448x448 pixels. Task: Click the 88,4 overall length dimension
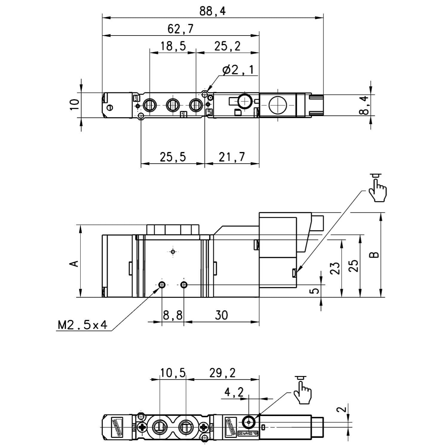pyautogui.click(x=212, y=11)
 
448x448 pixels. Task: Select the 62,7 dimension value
pyautogui.click(x=180, y=29)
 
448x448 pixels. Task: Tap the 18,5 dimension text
pyautogui.click(x=173, y=47)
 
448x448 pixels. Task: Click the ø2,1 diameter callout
pyautogui.click(x=238, y=70)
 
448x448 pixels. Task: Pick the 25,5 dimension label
pyautogui.click(x=173, y=157)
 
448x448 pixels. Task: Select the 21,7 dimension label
pyautogui.click(x=231, y=157)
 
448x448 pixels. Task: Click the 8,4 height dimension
pyautogui.click(x=363, y=105)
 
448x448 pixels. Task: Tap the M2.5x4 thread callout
pyautogui.click(x=82, y=325)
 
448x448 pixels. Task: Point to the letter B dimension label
pyautogui.click(x=374, y=255)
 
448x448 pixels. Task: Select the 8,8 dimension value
pyautogui.click(x=173, y=315)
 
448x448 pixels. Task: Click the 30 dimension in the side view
pyautogui.click(x=221, y=315)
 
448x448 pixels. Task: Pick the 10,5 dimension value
pyautogui.click(x=173, y=373)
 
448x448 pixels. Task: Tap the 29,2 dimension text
pyautogui.click(x=222, y=373)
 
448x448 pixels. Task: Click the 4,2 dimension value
pyautogui.click(x=234, y=392)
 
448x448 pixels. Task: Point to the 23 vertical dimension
pyautogui.click(x=335, y=268)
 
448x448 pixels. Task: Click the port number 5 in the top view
pyautogui.click(x=210, y=112)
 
